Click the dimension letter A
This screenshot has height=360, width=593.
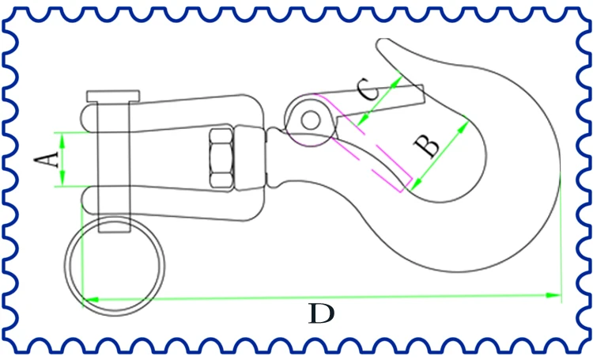point(47,159)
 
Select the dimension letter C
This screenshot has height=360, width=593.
point(368,89)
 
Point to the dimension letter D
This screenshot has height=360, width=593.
point(322,313)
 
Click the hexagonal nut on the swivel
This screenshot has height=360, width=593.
point(221,158)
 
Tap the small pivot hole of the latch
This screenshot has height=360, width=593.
point(311,121)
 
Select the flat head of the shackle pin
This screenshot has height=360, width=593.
point(113,97)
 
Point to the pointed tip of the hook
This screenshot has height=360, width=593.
point(381,41)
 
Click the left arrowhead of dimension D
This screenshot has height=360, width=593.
point(91,300)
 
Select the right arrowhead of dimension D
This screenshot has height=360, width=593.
point(553,294)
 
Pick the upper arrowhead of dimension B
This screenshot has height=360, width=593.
point(463,127)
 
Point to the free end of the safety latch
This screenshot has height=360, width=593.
point(422,94)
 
